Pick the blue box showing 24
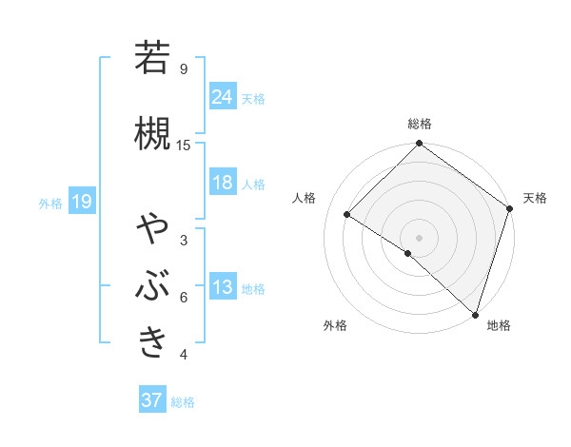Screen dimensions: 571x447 point(223,96)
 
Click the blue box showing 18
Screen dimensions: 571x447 point(223,183)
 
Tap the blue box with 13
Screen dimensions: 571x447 point(223,287)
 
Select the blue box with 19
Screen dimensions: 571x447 point(82,201)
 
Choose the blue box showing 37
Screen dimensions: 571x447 point(151,400)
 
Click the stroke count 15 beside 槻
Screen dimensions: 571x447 point(184,145)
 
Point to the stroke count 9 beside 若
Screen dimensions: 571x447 point(184,69)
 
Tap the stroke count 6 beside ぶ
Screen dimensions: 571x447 point(184,298)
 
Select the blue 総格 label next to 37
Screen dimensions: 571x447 point(183,402)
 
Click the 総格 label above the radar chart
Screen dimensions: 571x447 point(419,124)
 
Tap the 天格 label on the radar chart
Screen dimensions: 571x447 point(535,198)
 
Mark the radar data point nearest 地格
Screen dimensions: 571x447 point(475,314)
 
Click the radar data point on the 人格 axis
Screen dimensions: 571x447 point(347,214)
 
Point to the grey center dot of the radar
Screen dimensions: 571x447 point(419,237)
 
